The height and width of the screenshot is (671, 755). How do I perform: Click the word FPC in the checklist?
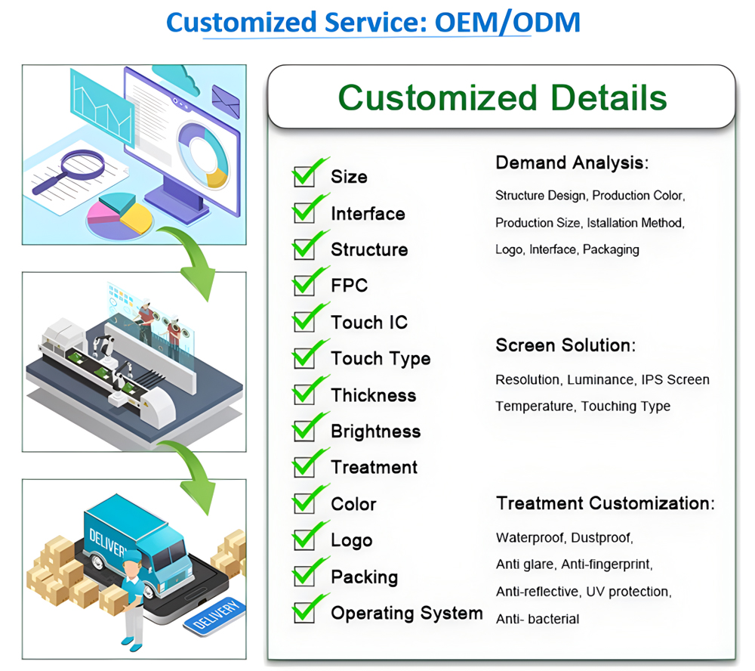point(349,286)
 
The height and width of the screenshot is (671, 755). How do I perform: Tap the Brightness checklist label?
point(375,431)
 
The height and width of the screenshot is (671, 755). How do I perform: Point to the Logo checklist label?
point(352,540)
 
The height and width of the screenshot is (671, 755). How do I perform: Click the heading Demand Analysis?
point(572,163)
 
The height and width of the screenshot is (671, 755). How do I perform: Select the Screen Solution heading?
point(565,345)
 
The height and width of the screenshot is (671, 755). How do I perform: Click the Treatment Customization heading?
point(606,503)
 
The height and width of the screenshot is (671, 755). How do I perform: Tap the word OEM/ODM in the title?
point(507,22)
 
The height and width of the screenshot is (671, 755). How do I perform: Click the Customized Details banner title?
point(502,97)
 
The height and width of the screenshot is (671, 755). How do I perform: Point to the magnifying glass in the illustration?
point(69,171)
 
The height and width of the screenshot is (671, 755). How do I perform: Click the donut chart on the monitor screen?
point(202,155)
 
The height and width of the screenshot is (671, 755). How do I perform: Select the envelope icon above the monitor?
point(225,100)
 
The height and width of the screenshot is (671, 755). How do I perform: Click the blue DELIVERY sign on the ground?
point(214,617)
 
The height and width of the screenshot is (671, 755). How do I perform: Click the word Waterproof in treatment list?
point(530,538)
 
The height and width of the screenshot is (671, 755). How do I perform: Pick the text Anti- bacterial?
point(538,619)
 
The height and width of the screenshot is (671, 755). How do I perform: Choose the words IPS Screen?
point(675,380)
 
